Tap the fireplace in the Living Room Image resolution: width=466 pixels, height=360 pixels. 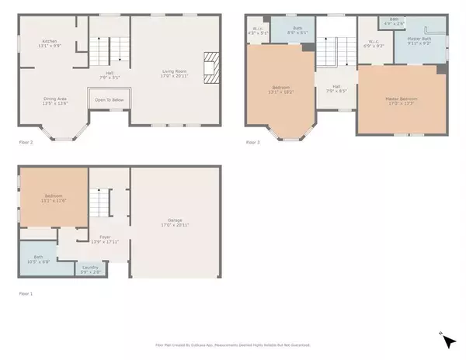coord(210,67)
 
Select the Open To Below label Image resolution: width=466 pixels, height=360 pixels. coord(110,100)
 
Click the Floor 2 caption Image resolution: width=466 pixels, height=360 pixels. coord(26,142)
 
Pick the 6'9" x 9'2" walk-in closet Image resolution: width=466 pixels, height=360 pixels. coord(374,44)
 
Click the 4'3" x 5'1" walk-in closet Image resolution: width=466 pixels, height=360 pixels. coord(257,32)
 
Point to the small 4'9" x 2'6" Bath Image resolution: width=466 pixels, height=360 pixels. coord(395,21)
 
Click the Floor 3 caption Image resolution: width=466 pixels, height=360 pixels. coord(253,142)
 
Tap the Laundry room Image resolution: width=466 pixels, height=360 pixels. coord(90,270)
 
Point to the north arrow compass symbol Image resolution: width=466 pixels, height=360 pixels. coord(449,340)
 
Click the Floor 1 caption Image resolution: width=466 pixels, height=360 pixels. coord(26,293)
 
